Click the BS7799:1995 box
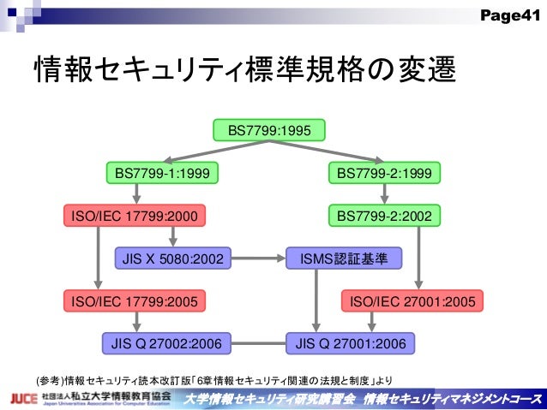(274, 131)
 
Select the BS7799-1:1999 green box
(162, 174)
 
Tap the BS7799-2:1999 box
(383, 174)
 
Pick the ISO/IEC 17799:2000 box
(135, 216)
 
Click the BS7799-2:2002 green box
(383, 216)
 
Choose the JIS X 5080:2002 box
(173, 258)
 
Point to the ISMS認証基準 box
(337, 258)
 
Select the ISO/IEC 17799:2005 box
(135, 300)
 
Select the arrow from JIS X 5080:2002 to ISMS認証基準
(259, 258)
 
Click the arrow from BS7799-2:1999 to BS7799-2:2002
(383, 195)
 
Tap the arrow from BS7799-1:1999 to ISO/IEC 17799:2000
(136, 195)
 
